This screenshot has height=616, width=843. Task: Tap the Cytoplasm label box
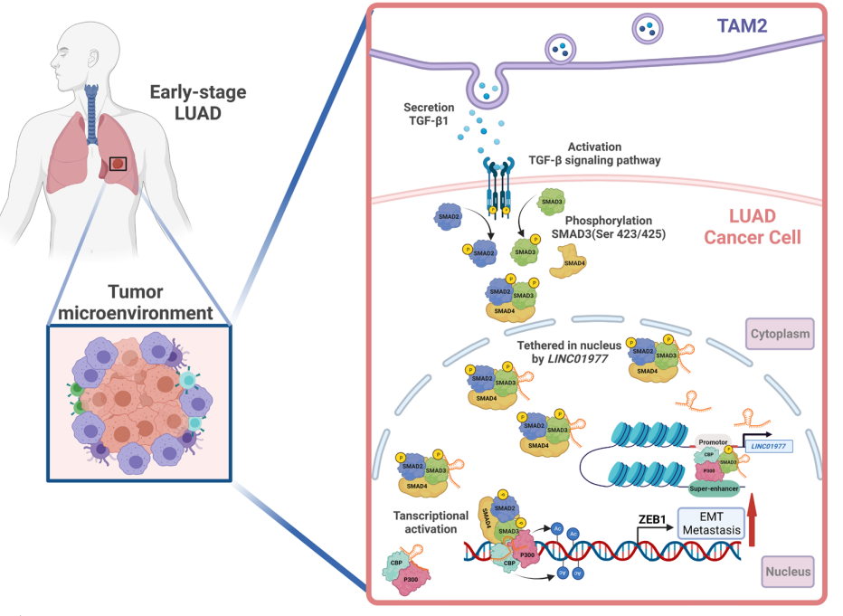(779, 336)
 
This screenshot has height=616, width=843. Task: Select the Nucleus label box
(785, 572)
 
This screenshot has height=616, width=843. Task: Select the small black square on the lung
(118, 165)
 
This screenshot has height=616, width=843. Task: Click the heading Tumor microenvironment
(136, 302)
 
